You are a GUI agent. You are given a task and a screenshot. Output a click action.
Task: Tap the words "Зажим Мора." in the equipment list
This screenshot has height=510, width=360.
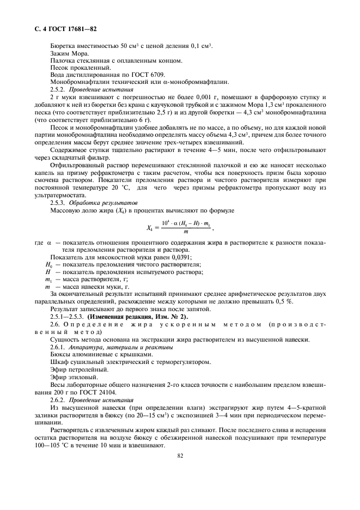point(65,53)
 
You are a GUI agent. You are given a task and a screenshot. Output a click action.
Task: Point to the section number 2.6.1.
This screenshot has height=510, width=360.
point(57,347)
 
